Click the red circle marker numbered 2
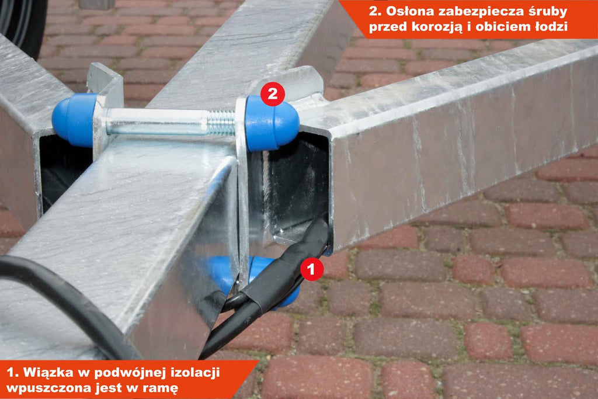click(273, 94)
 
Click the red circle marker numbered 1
click(312, 269)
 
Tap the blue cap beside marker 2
click(272, 123)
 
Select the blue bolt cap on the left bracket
click(74, 119)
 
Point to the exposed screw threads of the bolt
click(221, 123)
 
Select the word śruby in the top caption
click(547, 12)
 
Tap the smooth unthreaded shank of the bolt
click(157, 122)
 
